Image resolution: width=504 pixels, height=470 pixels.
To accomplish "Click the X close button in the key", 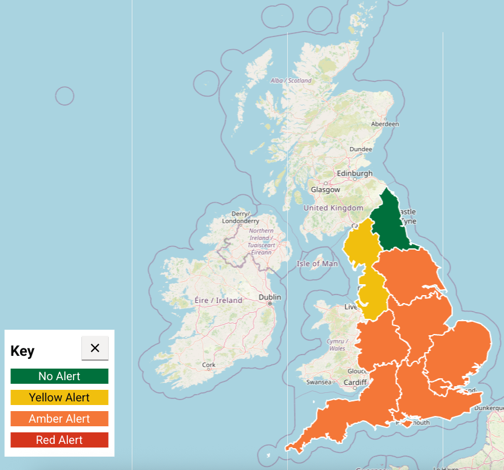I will click(x=95, y=348).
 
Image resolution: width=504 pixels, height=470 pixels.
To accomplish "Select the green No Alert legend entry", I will click(x=60, y=376).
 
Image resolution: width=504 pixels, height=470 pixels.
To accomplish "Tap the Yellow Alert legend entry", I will click(x=60, y=398).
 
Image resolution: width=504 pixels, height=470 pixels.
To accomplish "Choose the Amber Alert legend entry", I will click(x=60, y=419).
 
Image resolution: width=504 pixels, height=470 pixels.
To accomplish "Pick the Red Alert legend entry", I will click(x=60, y=440).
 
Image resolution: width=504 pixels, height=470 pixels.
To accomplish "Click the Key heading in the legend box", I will click(x=22, y=352).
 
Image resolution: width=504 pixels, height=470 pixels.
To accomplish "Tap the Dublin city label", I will click(x=270, y=298).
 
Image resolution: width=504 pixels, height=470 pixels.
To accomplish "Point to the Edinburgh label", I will click(x=355, y=173).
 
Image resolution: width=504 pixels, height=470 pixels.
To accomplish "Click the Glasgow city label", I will click(x=325, y=189).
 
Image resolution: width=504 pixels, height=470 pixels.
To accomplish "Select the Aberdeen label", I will click(x=385, y=124).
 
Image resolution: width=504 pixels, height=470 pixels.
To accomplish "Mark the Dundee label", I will click(x=361, y=149).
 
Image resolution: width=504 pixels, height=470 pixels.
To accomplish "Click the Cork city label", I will click(x=209, y=366).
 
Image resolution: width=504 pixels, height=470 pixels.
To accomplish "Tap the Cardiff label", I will click(x=355, y=383).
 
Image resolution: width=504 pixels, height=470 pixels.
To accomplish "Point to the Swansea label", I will click(x=318, y=382).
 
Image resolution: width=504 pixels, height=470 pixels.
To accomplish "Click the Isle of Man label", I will click(x=317, y=264).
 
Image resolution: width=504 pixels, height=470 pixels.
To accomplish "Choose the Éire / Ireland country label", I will click(x=218, y=301).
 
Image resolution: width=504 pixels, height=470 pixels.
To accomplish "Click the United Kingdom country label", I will click(x=333, y=208).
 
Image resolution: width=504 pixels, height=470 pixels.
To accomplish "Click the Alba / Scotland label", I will click(x=291, y=81).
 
